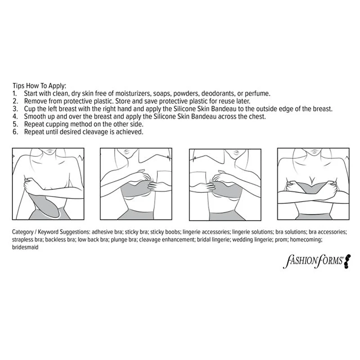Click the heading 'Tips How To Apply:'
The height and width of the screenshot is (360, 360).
[39, 86]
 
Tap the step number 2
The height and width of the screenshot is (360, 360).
[15, 101]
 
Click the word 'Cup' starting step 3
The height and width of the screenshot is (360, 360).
[30, 109]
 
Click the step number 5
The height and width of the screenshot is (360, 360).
[15, 124]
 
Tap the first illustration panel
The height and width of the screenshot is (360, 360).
[48, 184]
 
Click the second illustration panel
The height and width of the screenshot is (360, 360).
[136, 184]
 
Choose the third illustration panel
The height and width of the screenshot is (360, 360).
[225, 185]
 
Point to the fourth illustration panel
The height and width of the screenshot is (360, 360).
[313, 184]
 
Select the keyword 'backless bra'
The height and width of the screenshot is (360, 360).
[60, 240]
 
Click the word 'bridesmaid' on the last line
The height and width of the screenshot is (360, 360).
[25, 247]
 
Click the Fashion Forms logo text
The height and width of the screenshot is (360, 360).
[313, 261]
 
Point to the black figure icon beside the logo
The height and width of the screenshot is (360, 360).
[347, 261]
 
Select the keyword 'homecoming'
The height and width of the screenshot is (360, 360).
[306, 240]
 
